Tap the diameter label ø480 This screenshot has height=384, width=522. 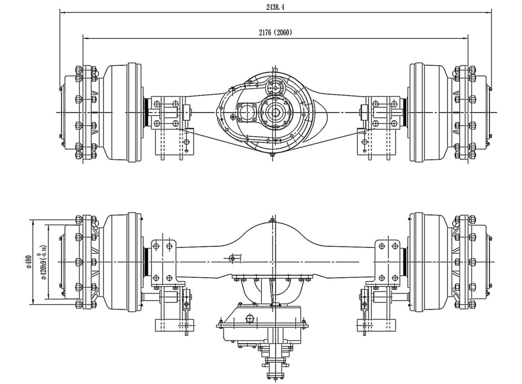pyautogui.click(x=28, y=262)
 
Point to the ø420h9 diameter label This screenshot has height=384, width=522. pyautogui.click(x=44, y=262)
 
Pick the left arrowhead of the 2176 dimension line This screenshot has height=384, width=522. pyautogui.click(x=85, y=38)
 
